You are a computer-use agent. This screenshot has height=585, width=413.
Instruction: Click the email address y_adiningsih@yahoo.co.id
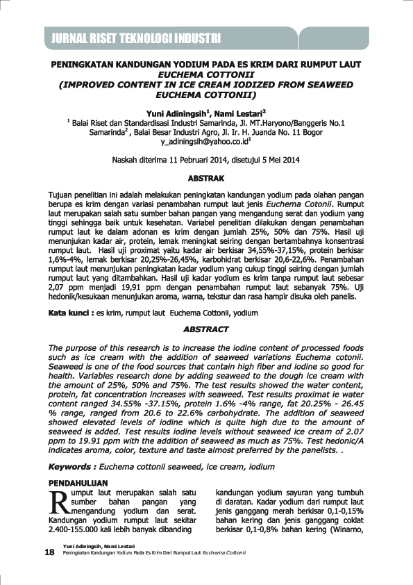[x=204, y=141]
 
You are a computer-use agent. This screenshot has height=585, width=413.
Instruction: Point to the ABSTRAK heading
[x=205, y=179]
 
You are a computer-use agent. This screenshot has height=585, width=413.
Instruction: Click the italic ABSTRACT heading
[x=205, y=329]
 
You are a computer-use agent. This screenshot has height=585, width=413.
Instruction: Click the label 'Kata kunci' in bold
[x=69, y=314]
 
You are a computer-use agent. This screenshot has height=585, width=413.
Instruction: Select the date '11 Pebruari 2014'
[x=190, y=160]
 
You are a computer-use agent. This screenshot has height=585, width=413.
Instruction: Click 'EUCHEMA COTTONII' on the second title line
[x=205, y=72]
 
